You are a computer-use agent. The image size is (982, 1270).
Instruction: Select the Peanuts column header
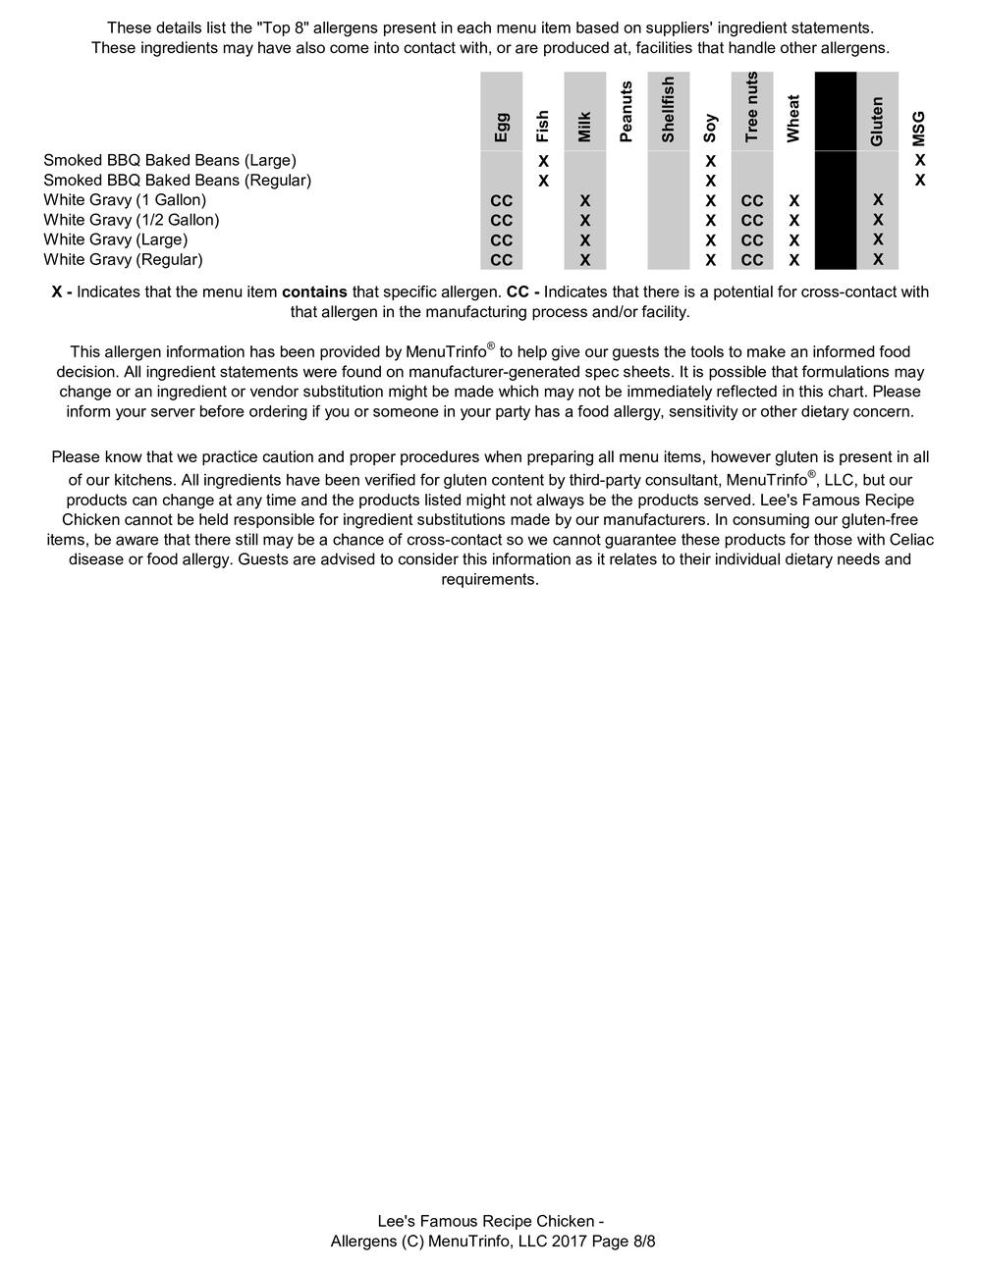[x=627, y=112]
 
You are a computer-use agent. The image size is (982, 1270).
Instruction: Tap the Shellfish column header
[x=669, y=109]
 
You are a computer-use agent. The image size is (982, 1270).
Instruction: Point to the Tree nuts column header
[x=752, y=107]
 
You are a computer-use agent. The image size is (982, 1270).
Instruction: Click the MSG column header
[x=919, y=129]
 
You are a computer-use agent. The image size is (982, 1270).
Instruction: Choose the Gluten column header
[x=878, y=121]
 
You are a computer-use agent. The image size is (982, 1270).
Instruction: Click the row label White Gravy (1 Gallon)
[x=125, y=200]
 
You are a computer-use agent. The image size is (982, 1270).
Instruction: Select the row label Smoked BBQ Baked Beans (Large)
[x=170, y=160]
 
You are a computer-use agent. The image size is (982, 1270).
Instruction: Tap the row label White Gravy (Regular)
[x=123, y=260]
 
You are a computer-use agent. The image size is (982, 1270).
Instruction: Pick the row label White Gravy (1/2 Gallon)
[x=132, y=220]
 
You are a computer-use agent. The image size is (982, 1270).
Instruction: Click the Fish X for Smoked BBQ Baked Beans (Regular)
[x=543, y=181]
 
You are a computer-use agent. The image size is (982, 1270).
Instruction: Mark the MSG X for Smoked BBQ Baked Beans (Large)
[x=919, y=160]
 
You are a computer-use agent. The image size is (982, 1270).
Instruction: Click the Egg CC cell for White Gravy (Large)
[x=502, y=240]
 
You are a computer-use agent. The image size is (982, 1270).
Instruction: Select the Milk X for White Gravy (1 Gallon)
[x=585, y=200]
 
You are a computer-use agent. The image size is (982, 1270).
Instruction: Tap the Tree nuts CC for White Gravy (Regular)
[x=752, y=260]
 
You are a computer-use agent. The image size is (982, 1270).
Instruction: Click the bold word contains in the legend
[x=314, y=292]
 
